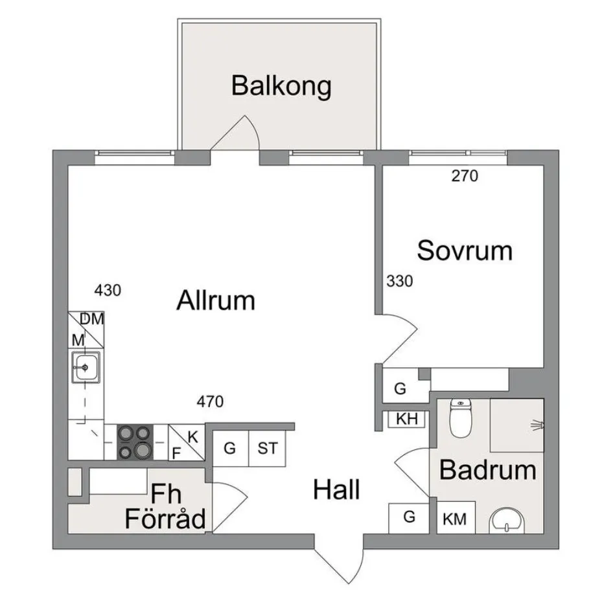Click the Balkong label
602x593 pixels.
pyautogui.click(x=281, y=86)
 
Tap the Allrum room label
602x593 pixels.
pyautogui.click(x=216, y=301)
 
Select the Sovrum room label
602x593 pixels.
pyautogui.click(x=465, y=251)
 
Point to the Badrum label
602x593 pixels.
pyautogui.click(x=487, y=471)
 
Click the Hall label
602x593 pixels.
pyautogui.click(x=336, y=490)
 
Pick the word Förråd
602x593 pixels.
pyautogui.click(x=165, y=519)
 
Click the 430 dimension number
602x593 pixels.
pyautogui.click(x=108, y=290)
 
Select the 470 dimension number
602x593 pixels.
pyautogui.click(x=209, y=402)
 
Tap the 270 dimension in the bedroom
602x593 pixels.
pyautogui.click(x=465, y=175)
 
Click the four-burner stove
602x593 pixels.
pyautogui.click(x=135, y=442)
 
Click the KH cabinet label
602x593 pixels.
pyautogui.click(x=406, y=419)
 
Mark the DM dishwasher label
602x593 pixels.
pyautogui.click(x=92, y=319)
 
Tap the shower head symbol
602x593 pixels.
pyautogui.click(x=537, y=425)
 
